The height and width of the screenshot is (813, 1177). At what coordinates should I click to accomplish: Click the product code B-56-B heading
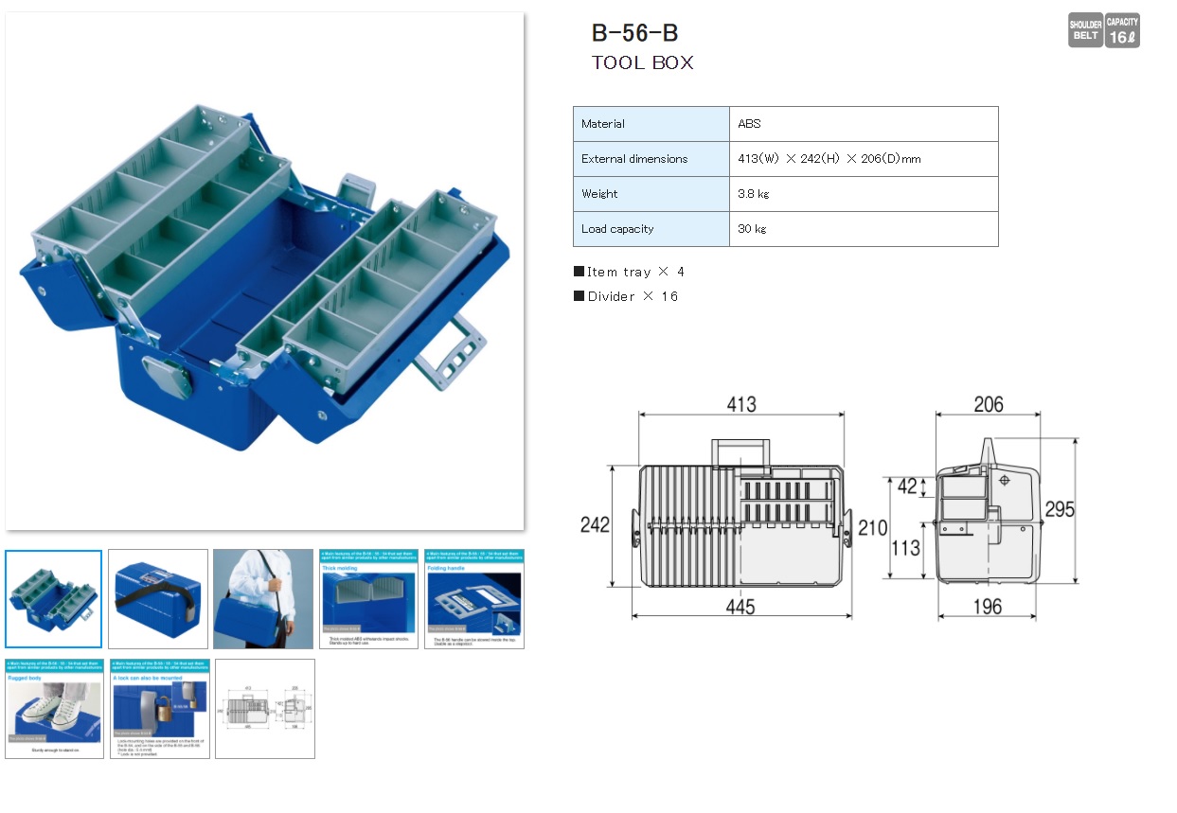(634, 33)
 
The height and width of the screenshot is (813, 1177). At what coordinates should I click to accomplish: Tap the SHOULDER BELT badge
(1085, 31)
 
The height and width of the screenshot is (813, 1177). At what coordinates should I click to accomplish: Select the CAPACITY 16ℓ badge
(1122, 31)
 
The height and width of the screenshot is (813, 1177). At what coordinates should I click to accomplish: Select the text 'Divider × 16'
(627, 296)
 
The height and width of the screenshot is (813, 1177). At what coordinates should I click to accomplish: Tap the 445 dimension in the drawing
(740, 607)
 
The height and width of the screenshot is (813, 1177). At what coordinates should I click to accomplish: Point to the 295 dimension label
(1059, 510)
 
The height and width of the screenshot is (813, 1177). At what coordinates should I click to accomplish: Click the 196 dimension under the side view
(987, 607)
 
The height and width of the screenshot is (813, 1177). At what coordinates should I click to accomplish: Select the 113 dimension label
(906, 547)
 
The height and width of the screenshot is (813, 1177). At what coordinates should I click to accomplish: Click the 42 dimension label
(907, 486)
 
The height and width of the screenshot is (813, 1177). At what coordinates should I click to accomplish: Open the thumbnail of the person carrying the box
(262, 599)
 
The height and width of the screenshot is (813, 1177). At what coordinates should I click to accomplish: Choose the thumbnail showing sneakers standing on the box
(54, 708)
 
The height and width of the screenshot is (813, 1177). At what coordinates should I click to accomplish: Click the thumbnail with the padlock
(159, 708)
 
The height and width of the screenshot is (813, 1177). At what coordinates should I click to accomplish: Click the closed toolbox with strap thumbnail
(158, 599)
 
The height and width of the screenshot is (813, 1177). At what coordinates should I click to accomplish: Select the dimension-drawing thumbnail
(265, 708)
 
